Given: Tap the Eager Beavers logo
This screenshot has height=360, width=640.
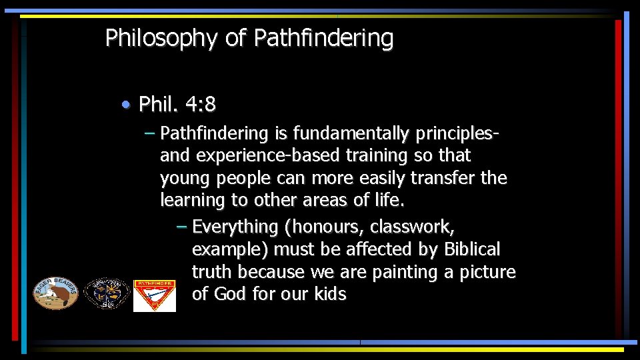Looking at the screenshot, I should coord(56,292).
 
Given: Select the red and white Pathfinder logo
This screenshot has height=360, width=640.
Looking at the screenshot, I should coord(155,295).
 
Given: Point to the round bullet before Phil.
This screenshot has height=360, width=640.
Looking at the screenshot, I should coord(127,105).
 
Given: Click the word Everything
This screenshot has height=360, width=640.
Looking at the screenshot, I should coord(235,227).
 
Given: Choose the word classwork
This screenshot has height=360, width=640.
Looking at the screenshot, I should coord(413,227).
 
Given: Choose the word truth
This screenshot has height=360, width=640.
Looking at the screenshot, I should coord(213,272).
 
